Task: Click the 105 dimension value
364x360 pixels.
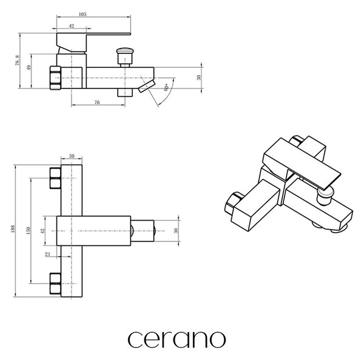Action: pyautogui.click(x=83, y=15)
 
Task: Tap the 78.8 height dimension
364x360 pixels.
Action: pyautogui.click(x=18, y=61)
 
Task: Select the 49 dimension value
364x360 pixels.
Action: pyautogui.click(x=29, y=68)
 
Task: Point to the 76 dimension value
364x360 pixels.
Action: pyautogui.click(x=97, y=102)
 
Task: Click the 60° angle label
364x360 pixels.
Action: pyautogui.click(x=166, y=87)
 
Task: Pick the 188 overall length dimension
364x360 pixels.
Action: pyautogui.click(x=13, y=228)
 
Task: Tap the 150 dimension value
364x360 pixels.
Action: pyautogui.click(x=29, y=230)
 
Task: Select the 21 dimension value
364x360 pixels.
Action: pyautogui.click(x=47, y=254)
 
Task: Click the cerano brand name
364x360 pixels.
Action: pyautogui.click(x=177, y=339)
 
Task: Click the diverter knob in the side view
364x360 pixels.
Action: pyautogui.click(x=125, y=56)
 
